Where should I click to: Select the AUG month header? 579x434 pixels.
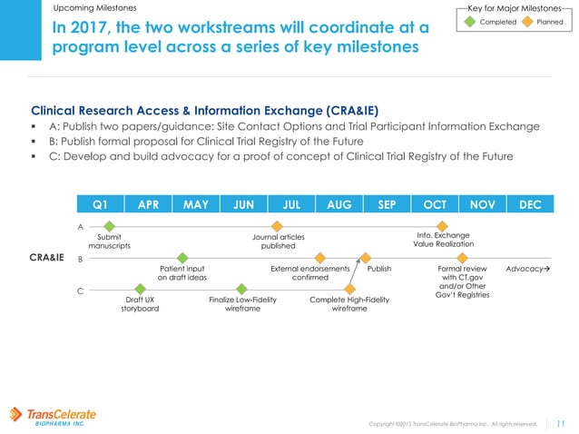339,204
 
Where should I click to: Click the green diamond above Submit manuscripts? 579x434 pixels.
109,226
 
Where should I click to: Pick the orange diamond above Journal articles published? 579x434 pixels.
278,226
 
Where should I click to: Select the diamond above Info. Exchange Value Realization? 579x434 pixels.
442,226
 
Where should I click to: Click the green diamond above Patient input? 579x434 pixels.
182,259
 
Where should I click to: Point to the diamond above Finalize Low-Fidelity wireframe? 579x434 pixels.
241,290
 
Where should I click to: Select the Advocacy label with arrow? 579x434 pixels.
529,270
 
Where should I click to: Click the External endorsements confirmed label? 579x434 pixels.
310,273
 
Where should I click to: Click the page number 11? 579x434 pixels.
560,422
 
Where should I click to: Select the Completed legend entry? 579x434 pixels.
496,21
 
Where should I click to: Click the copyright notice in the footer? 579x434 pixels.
453,423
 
